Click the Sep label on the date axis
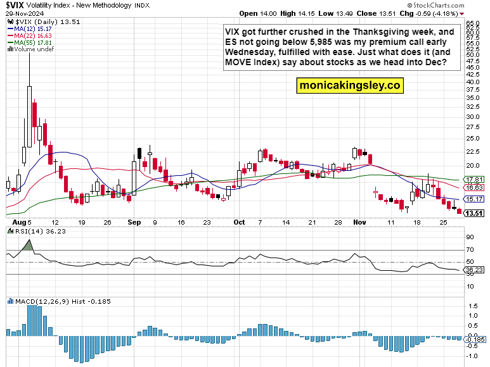[x=134, y=223]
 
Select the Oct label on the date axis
[x=239, y=223]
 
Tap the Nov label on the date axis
[x=359, y=223]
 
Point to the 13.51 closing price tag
[x=475, y=213]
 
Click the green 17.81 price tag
[x=475, y=180]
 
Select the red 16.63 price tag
[x=475, y=188]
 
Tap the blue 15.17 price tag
[x=475, y=199]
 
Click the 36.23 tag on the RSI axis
[x=474, y=270]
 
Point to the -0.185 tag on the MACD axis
[x=475, y=339]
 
